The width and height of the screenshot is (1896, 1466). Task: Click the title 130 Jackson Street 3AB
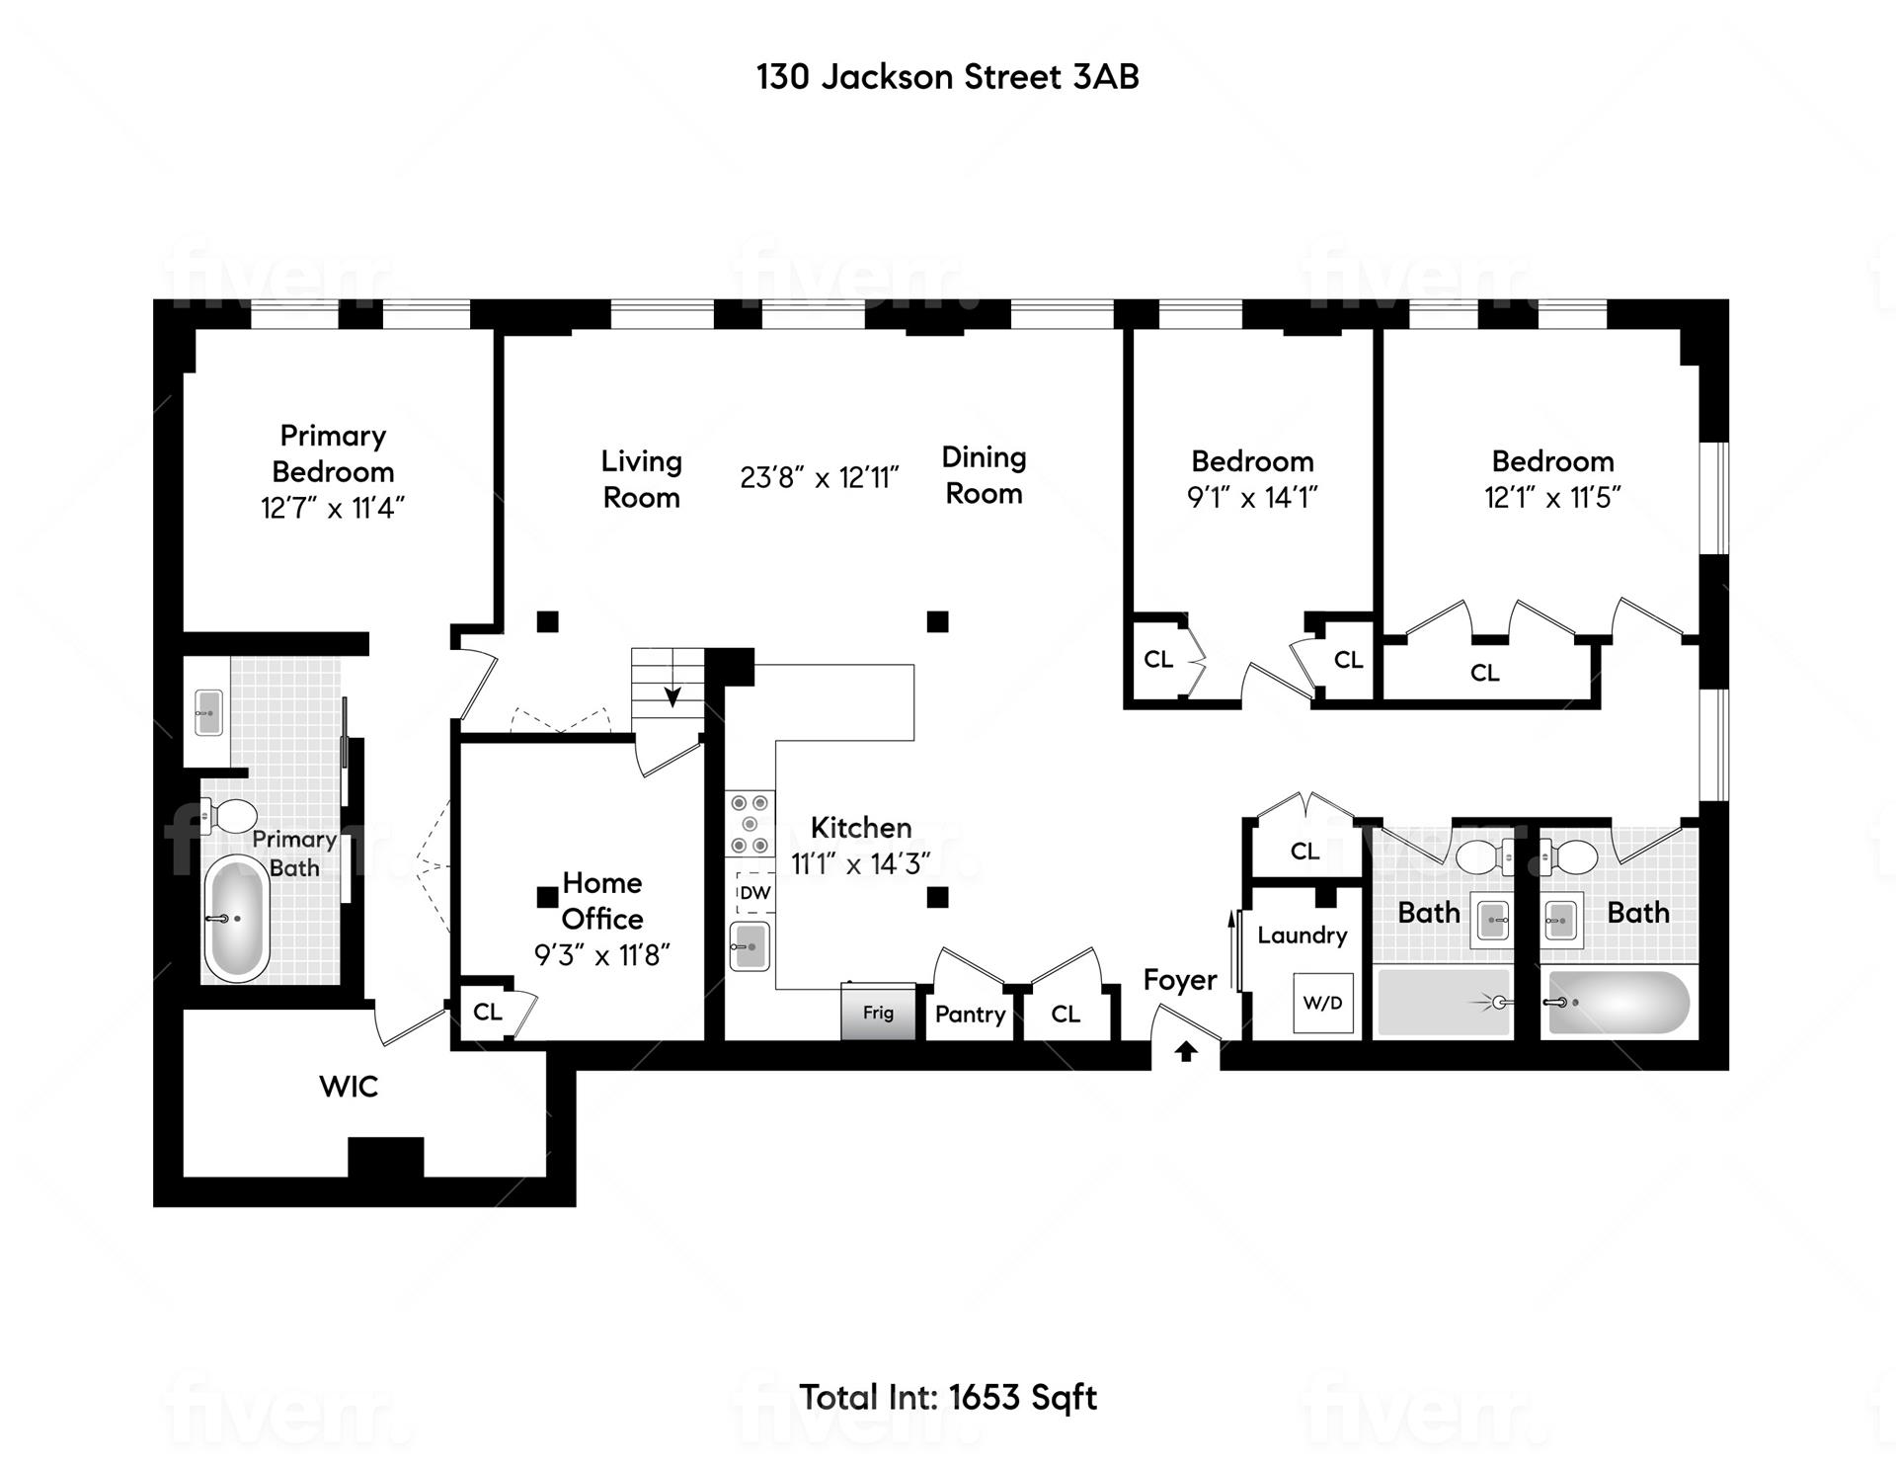pos(947,77)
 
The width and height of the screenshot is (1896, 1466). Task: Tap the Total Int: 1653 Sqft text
pos(947,1397)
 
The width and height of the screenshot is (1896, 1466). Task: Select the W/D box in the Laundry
pos(1322,1003)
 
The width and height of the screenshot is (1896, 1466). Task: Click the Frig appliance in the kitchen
pos(878,1012)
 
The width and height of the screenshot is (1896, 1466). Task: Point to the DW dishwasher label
pos(754,893)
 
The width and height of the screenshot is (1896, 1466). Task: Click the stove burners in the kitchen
pos(750,824)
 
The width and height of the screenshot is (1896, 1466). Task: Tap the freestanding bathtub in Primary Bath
pos(237,918)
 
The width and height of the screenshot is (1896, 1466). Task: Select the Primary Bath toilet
pos(229,816)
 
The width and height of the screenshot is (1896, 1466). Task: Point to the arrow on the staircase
pos(671,695)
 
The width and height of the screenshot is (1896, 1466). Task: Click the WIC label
pos(349,1087)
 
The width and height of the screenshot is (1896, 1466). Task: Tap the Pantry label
pos(970,1015)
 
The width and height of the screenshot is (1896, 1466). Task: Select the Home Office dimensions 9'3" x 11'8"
pos(601,955)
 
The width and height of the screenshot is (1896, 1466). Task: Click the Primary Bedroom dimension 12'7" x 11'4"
pos(333,508)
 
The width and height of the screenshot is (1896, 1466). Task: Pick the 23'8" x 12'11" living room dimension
pos(819,478)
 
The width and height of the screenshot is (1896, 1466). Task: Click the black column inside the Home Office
pos(546,897)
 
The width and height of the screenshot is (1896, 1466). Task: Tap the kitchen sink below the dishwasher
pos(750,946)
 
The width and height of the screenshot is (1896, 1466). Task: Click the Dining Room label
pos(984,475)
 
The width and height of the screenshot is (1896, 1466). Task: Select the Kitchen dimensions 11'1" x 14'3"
pos(860,863)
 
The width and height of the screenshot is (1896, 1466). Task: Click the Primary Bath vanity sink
pos(207,712)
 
